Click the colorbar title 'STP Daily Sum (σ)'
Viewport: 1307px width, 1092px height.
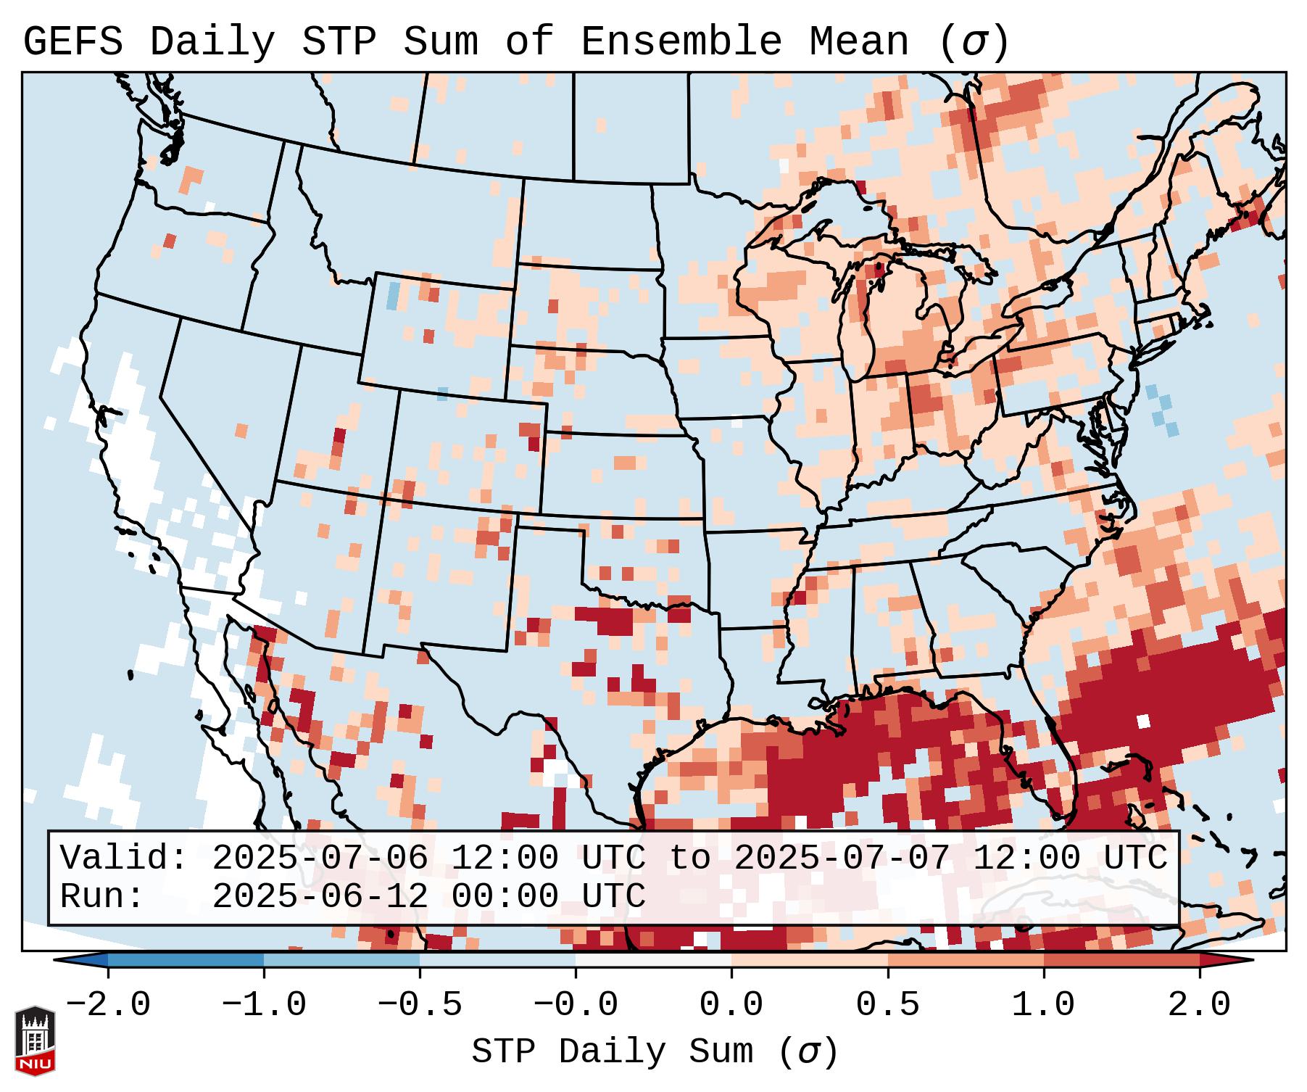(x=655, y=1052)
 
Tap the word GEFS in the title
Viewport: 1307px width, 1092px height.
(x=73, y=42)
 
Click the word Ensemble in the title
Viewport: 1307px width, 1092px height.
(x=681, y=42)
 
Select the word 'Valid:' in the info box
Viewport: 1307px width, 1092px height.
(x=124, y=859)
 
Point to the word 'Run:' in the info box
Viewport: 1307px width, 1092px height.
(x=102, y=897)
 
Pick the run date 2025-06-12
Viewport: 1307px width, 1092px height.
(x=320, y=897)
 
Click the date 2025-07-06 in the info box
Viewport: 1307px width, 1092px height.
(x=320, y=859)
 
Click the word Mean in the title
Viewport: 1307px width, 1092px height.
(x=859, y=42)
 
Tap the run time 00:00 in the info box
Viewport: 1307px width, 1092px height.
(x=505, y=897)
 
